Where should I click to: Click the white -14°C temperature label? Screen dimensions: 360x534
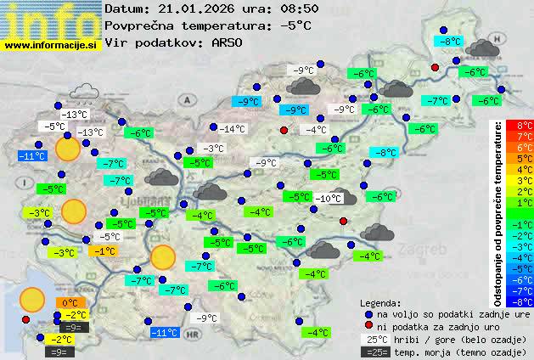(232, 129)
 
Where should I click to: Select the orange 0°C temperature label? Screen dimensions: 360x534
(70, 302)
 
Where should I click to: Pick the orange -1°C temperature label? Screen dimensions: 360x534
(104, 251)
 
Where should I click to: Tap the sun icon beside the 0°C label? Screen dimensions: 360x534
(32, 299)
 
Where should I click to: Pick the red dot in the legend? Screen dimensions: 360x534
(368, 326)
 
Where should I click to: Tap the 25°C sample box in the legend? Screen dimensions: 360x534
(374, 339)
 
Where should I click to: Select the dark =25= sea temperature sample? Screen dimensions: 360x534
(374, 351)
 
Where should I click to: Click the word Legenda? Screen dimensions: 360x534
(380, 303)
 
